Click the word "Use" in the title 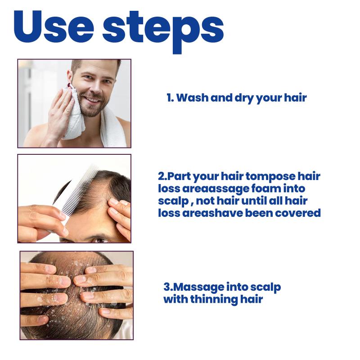[x=54, y=27]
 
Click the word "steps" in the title [x=163, y=31]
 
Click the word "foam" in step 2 [x=265, y=189]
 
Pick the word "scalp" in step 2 [x=173, y=201]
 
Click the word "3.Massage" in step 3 [x=193, y=288]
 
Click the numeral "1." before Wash [x=171, y=98]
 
